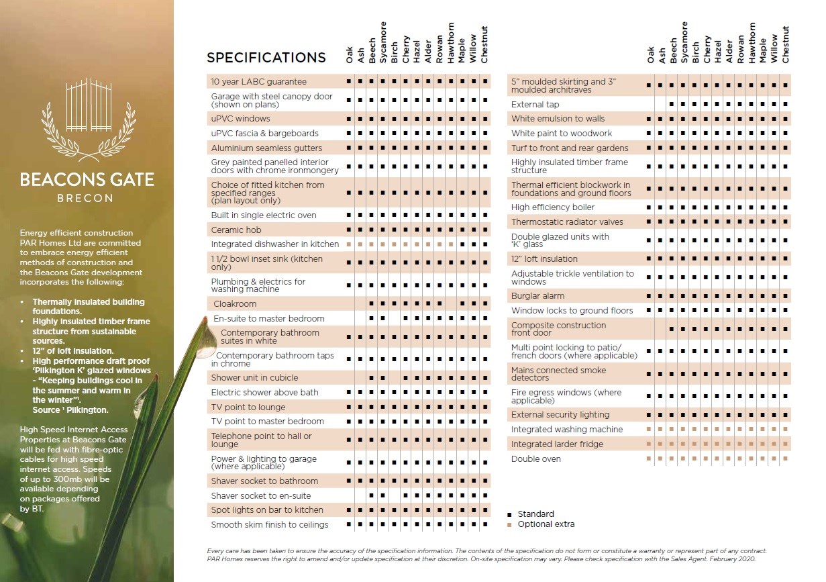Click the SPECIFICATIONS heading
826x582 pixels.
pos(266,58)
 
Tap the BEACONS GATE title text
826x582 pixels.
pos(87,180)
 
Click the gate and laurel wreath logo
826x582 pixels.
pos(87,120)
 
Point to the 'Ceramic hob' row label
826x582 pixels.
pos(236,230)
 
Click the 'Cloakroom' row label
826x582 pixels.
pos(235,304)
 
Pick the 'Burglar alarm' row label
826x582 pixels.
pos(537,296)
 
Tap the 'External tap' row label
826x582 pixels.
pos(535,105)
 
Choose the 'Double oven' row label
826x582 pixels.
pos(535,459)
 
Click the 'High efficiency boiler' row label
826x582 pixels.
pos(553,207)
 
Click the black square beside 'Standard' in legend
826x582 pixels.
pos(509,514)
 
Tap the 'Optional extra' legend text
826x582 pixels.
pos(546,524)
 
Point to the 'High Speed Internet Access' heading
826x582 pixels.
pos(74,430)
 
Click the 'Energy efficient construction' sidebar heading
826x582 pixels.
pos(76,233)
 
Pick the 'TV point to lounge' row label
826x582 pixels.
pos(248,407)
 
